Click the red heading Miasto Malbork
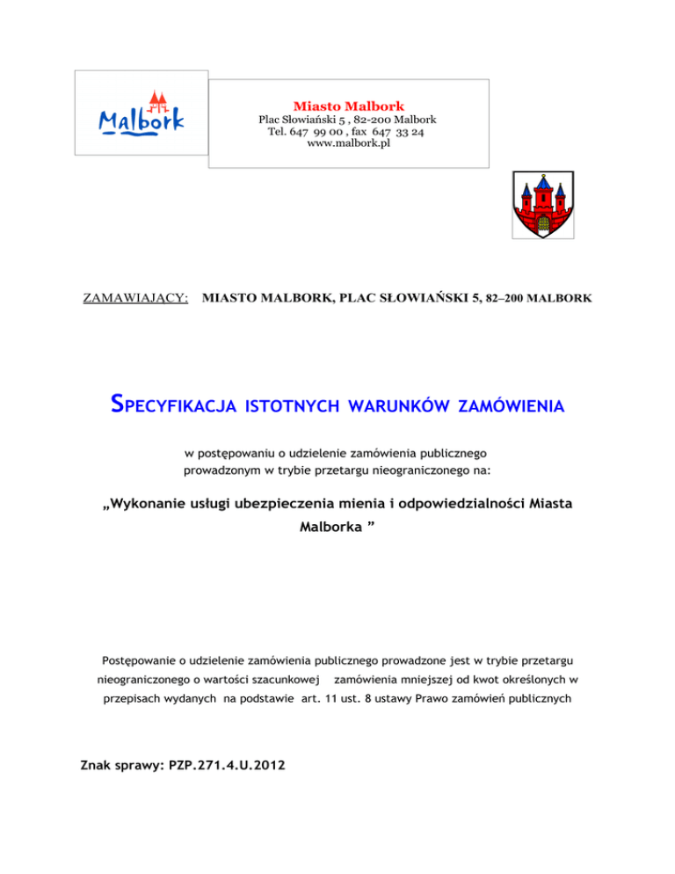(349, 106)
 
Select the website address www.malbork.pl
(349, 144)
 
